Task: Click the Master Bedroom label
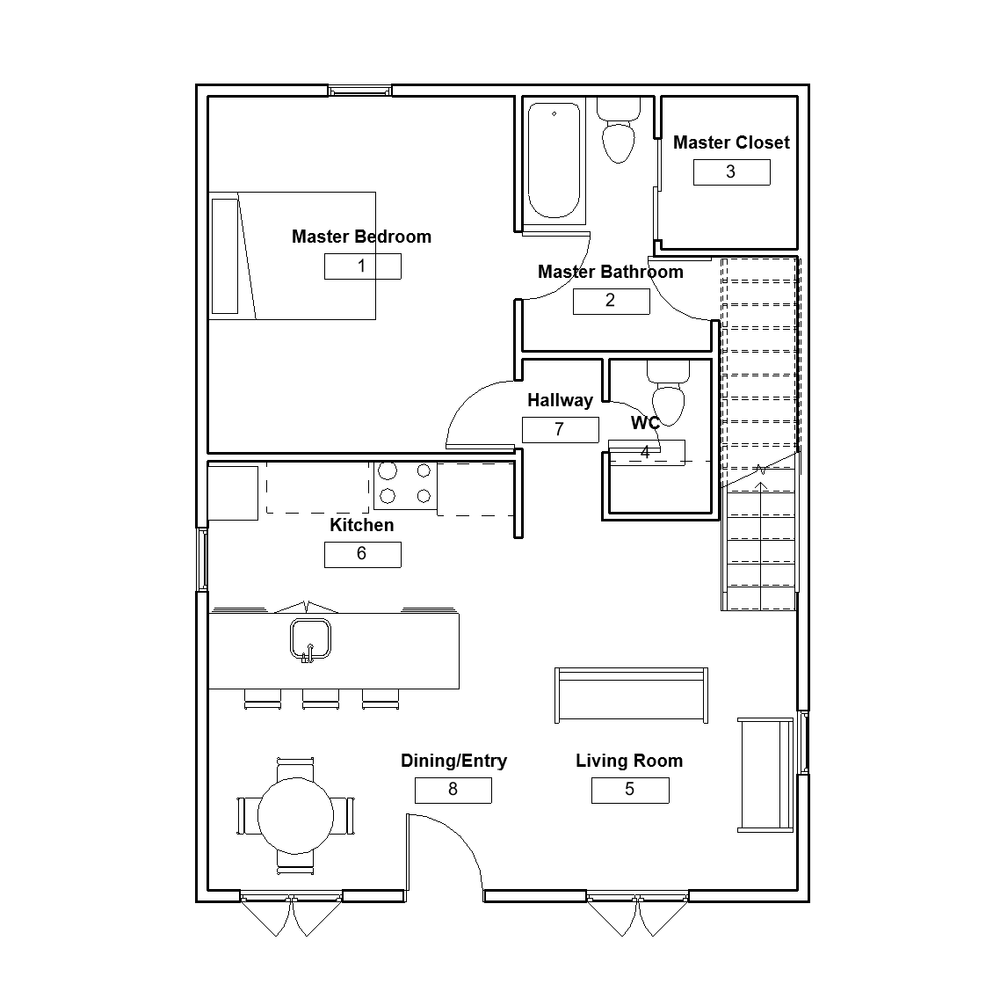(361, 237)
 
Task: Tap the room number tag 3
(731, 172)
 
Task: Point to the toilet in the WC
(668, 394)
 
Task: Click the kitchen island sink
(310, 639)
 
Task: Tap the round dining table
(295, 815)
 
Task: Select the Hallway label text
(560, 400)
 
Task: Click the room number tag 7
(561, 429)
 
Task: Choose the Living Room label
(629, 761)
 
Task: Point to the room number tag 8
(453, 790)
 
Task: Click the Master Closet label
(731, 142)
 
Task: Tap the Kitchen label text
(361, 525)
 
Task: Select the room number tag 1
(363, 266)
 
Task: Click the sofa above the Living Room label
(632, 696)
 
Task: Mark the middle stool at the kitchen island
(321, 699)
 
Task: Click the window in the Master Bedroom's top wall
(360, 91)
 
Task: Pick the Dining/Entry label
(453, 761)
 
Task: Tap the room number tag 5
(630, 790)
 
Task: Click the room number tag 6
(363, 554)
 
